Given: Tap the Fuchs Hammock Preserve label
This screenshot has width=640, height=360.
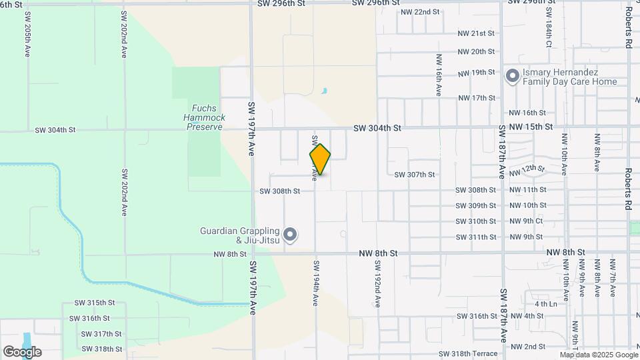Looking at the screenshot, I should coord(204,117).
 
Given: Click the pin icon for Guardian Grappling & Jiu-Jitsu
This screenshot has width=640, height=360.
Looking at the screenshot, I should coord(290,235).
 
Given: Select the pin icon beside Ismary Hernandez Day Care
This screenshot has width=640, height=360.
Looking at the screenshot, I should coord(513,77).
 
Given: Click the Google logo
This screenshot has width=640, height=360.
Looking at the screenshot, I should coord(22,352).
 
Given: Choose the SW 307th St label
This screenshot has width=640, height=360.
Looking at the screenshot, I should coord(414,175).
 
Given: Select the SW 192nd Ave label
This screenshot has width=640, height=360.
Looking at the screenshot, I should coord(377,283).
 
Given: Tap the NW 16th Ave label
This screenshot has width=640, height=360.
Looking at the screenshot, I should coord(439,75).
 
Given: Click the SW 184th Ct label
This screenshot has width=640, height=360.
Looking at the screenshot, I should coord(548,27).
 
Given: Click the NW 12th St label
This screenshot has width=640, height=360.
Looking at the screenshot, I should coord(527,171).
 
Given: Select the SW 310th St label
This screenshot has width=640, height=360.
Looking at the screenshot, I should coord(476,221).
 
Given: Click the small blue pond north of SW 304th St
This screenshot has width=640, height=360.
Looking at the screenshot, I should coord(324,91).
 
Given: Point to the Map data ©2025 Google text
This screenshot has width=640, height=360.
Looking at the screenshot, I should coord(597,354).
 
